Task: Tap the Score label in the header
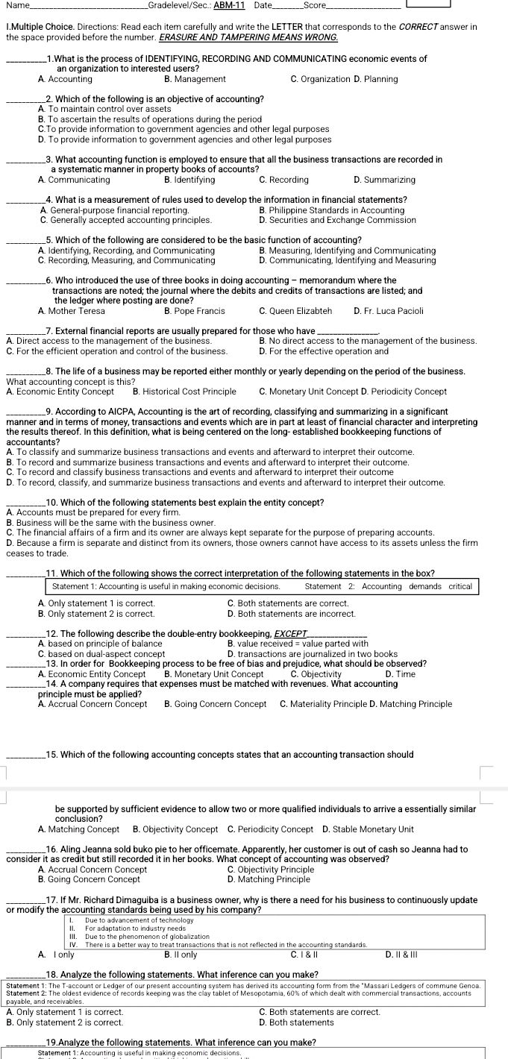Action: click(x=305, y=6)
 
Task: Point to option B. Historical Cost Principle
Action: click(x=184, y=391)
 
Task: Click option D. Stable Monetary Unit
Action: click(x=368, y=829)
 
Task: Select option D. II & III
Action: click(x=401, y=954)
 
